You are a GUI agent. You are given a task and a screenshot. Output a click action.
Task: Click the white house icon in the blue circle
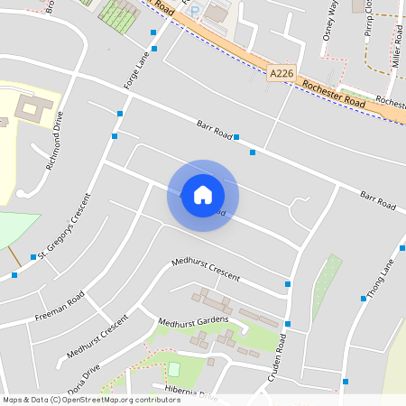(x=203, y=195)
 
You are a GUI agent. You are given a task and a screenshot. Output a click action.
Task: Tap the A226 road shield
(x=281, y=72)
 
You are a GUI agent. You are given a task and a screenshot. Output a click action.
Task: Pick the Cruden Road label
(x=281, y=358)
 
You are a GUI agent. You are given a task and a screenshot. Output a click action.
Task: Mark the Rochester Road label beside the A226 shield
(x=335, y=92)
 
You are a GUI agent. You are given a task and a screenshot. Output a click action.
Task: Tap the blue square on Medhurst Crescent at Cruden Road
(x=288, y=284)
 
